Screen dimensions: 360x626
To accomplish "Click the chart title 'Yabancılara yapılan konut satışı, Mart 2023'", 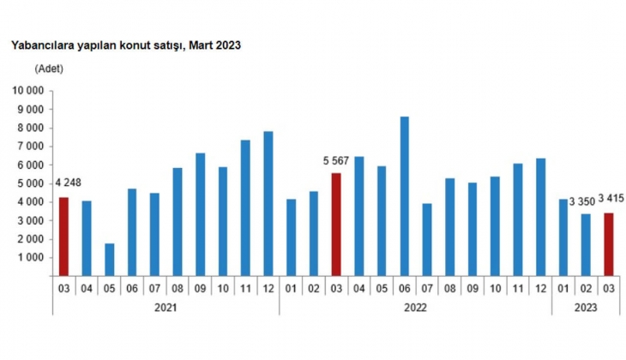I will click(x=125, y=45).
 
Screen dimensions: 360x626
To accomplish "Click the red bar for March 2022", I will click(x=337, y=224).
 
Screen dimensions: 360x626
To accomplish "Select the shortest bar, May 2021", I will click(x=110, y=259).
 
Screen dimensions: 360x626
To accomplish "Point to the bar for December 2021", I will click(x=268, y=203).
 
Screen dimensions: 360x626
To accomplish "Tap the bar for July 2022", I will click(x=427, y=239).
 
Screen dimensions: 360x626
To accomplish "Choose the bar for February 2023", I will click(x=587, y=244).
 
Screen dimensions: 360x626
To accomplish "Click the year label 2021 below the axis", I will click(x=166, y=305).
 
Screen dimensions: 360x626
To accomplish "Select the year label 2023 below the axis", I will click(x=586, y=305).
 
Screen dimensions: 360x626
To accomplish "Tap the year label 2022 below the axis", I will click(x=415, y=305).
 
